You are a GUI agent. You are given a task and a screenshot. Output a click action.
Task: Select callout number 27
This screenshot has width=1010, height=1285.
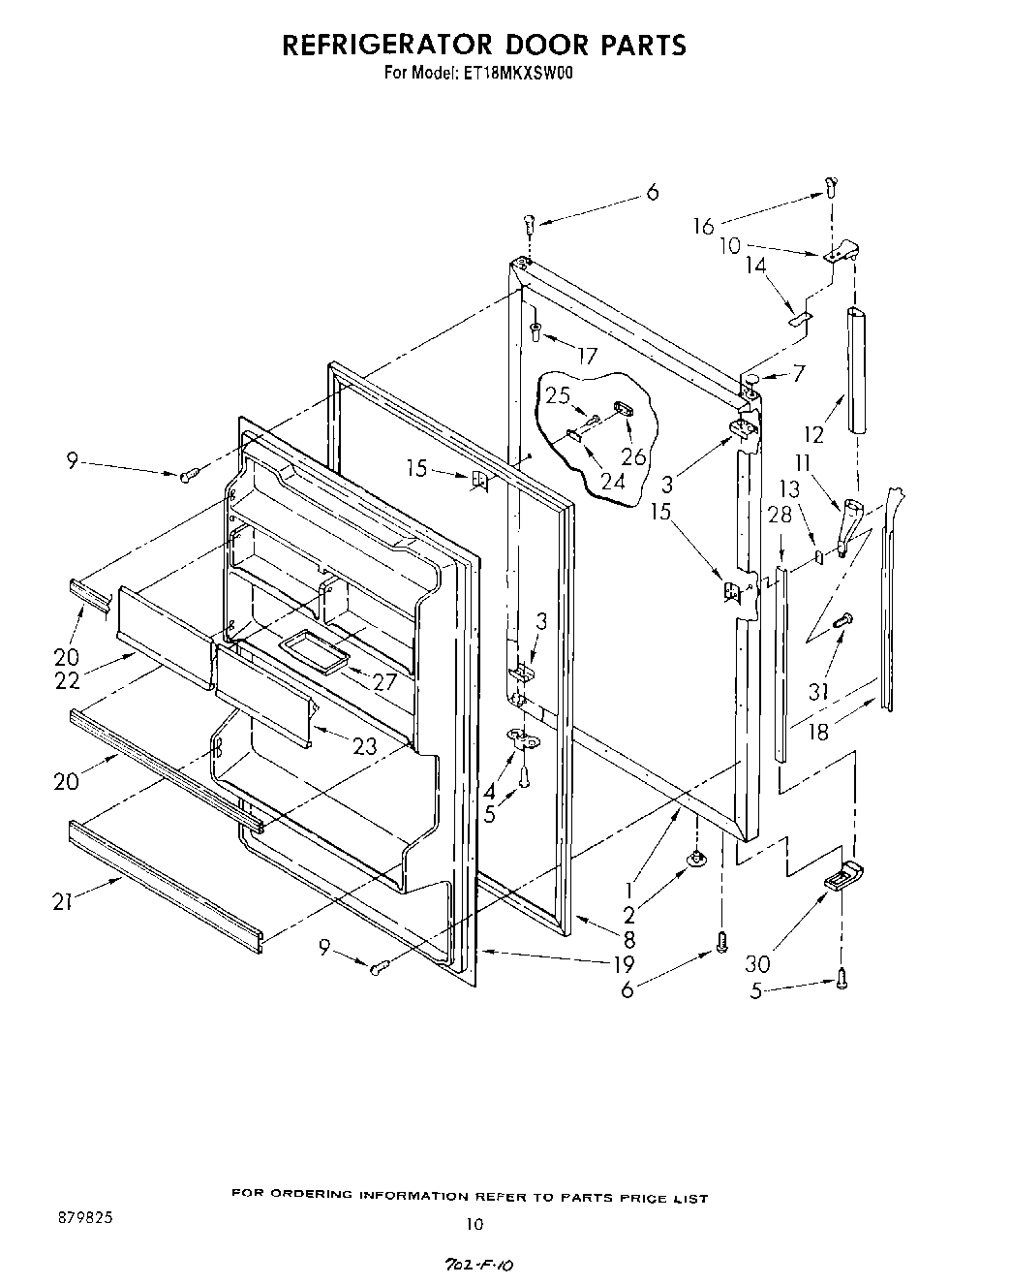(384, 680)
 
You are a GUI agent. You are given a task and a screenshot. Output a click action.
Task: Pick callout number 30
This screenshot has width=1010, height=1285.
(758, 963)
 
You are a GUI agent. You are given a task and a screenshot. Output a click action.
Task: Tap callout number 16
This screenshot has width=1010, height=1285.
(703, 226)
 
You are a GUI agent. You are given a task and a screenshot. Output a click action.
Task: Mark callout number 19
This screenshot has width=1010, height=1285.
(624, 963)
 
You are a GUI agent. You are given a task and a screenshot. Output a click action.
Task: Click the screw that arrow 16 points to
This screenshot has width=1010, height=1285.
(832, 186)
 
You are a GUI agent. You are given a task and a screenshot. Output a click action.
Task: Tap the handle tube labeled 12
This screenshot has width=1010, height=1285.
(856, 370)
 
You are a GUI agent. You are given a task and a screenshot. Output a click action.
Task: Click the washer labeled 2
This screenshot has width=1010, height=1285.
(695, 857)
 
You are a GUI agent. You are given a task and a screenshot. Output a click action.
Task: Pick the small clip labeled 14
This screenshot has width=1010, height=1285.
(799, 315)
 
